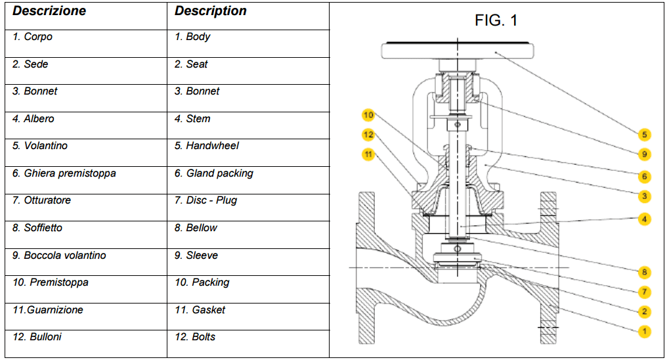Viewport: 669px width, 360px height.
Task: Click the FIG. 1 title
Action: tap(496, 20)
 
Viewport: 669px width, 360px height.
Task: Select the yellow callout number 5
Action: tap(645, 135)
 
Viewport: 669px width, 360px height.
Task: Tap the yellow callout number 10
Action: tap(368, 116)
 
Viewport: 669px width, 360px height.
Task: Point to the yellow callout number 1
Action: tap(645, 331)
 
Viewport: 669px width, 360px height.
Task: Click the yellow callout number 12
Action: tap(368, 135)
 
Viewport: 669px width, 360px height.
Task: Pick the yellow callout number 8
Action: tap(645, 272)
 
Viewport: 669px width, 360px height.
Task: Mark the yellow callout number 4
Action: tap(645, 219)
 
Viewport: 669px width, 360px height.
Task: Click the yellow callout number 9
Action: tap(645, 154)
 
